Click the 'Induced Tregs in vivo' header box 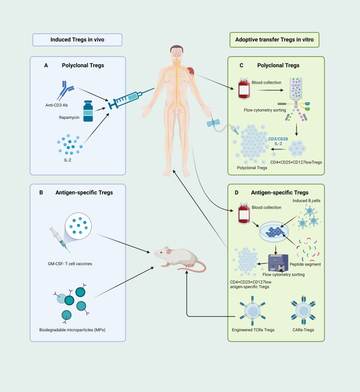pos(77,40)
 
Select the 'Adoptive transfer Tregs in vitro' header pos(274,40)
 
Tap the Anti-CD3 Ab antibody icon pos(65,90)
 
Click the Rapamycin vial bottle pos(88,111)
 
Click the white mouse pos(180,259)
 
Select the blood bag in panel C pos(244,89)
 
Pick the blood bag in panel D pos(244,213)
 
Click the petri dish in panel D pos(274,231)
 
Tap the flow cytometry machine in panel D pos(278,263)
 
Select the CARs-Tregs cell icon pos(303,311)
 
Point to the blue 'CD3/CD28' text pos(278,139)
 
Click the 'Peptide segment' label pos(305,264)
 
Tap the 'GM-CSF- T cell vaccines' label pos(70,264)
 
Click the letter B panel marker pos(41,193)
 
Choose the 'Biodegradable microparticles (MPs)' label pos(72,330)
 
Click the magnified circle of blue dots pos(78,226)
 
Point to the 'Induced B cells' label pos(306,201)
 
